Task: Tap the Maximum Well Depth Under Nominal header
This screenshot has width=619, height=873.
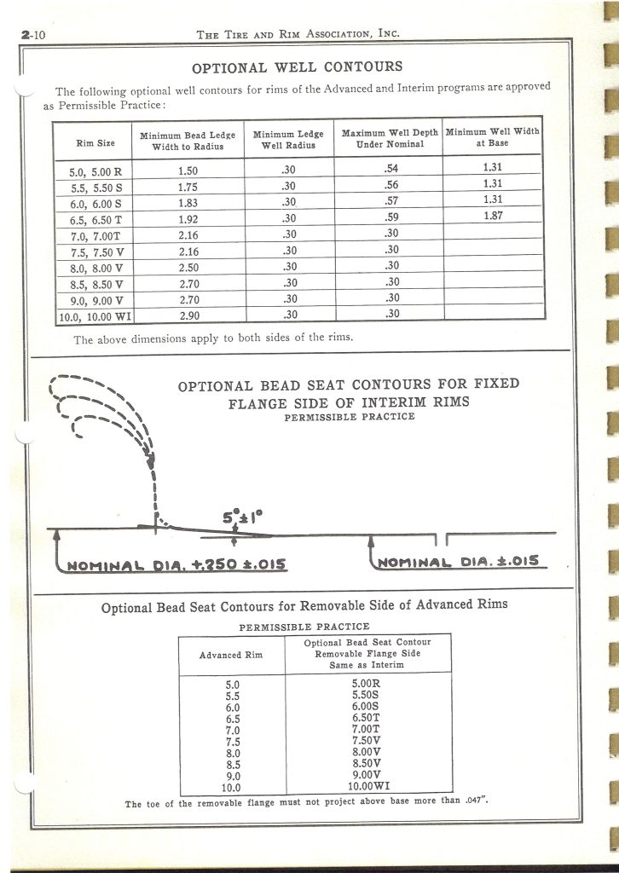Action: [x=390, y=139]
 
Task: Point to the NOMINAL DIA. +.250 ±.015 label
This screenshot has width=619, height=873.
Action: [x=176, y=564]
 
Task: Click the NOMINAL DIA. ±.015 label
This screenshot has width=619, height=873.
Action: [x=461, y=562]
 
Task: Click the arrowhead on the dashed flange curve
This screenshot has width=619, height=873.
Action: [x=152, y=461]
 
